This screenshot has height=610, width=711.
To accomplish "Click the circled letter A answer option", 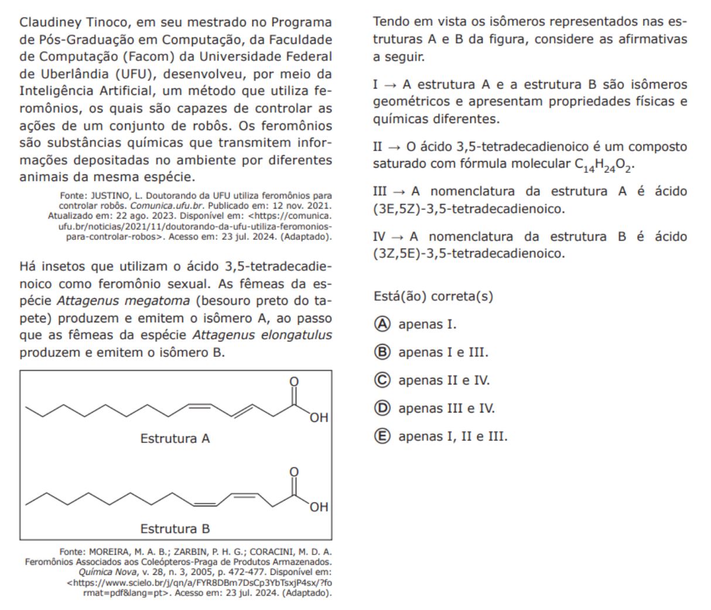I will pos(382,324).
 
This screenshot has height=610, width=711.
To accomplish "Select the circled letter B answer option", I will pos(382,352).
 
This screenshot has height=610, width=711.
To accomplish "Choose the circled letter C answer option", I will pos(382,380).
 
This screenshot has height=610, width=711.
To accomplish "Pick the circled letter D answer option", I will pos(382,408).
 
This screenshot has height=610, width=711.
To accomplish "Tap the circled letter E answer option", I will pos(382,437).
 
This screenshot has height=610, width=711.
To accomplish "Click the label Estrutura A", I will pos(175,438).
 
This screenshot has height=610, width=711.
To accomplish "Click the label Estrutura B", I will pos(175,529).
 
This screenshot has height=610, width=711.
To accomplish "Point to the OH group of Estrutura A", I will pos(319,418).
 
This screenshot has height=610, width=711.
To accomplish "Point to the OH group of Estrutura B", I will pos(319,507).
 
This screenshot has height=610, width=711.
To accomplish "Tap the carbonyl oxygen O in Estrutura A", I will pos(294,381).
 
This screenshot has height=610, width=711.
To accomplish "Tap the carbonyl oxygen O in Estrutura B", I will pos(294,472).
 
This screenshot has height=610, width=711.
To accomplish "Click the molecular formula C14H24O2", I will pos(604,165).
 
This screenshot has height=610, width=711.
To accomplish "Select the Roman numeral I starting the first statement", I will pos(376,84).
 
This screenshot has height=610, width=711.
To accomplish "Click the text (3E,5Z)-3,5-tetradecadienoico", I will pos(469,209).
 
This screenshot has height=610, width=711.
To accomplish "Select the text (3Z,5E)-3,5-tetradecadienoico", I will pos(469,254).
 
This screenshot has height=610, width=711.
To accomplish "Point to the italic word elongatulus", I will pos(293,336).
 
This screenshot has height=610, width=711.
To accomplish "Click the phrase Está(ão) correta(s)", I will pos(433,297).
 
